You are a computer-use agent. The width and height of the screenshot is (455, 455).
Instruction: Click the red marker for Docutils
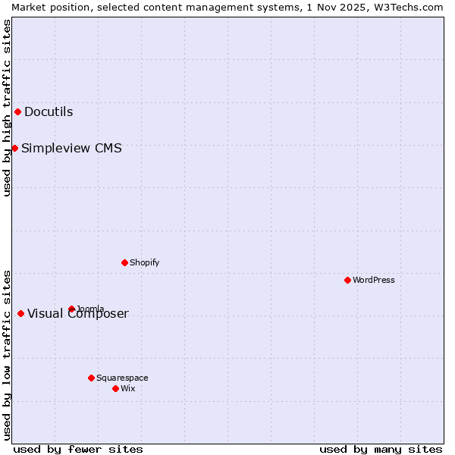[17, 112]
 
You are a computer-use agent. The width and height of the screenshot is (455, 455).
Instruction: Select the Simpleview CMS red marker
[14, 148]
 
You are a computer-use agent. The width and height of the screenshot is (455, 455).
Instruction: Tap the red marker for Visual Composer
[20, 314]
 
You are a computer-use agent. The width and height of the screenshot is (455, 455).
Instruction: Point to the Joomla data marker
[71, 309]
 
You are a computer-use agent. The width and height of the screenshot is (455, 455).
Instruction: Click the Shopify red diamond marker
[124, 262]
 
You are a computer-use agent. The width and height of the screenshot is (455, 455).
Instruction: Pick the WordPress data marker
[347, 280]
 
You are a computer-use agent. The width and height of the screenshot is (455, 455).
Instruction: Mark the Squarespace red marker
[91, 378]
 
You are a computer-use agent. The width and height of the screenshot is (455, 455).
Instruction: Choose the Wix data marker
[115, 388]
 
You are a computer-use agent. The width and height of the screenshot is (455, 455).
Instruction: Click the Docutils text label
[49, 112]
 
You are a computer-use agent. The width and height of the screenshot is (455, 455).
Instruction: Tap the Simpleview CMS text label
[71, 148]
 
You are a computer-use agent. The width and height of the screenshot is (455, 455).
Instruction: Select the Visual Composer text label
[78, 314]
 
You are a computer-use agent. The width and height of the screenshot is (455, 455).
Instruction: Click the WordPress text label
[374, 280]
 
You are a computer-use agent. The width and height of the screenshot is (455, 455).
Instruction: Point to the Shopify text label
[144, 262]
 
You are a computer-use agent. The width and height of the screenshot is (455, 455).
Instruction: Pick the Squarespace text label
[122, 378]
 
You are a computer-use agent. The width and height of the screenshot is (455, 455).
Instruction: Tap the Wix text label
[127, 388]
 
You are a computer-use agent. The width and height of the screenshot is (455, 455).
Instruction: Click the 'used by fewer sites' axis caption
[78, 449]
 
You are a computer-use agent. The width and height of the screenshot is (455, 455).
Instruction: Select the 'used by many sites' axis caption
[381, 449]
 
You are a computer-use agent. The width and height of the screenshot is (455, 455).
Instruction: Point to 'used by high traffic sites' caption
[7, 108]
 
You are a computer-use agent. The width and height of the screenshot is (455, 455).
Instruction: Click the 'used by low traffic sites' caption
[7, 354]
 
